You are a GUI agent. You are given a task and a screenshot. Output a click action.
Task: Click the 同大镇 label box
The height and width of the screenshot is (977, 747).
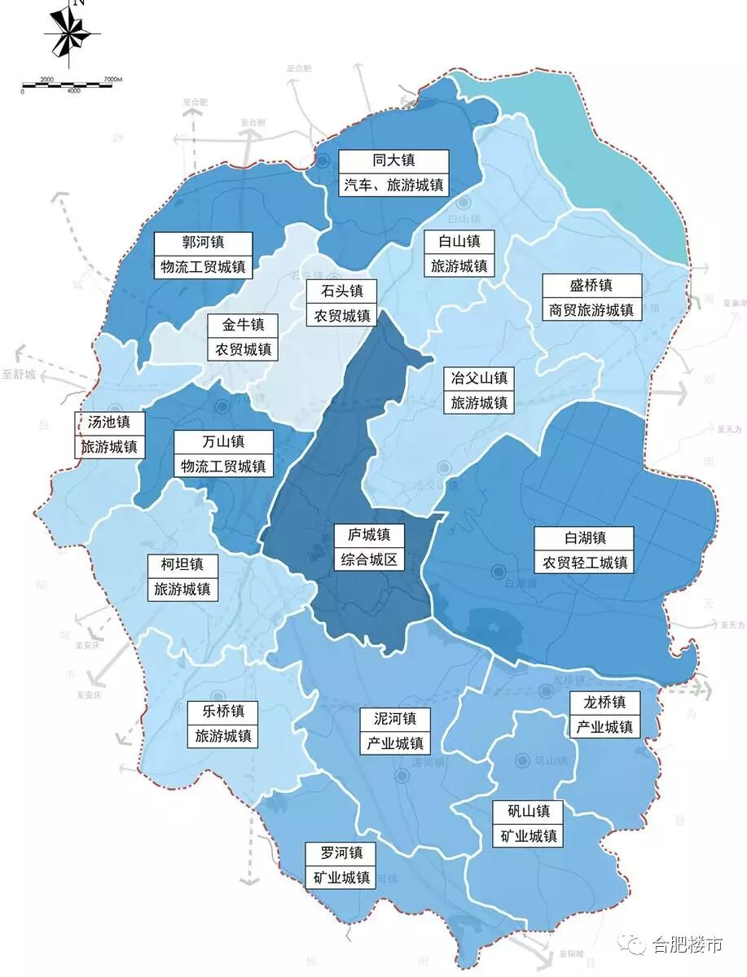pos(394,173)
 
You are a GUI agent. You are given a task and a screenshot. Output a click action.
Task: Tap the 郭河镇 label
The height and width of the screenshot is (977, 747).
pos(203,255)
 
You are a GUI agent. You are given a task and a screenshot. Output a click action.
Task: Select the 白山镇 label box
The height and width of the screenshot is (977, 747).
pos(459,253)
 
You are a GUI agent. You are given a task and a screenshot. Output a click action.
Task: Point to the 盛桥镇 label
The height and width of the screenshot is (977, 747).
pos(591,297)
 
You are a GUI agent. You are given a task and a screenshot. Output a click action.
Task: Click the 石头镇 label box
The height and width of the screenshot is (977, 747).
pos(341,303)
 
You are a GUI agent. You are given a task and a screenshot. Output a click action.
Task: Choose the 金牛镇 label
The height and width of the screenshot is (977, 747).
pos(243,338)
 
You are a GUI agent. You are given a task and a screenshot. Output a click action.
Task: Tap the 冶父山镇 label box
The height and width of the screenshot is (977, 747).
pos(480,391)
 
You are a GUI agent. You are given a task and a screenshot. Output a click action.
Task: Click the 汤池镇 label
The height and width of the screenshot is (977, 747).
pos(110,435)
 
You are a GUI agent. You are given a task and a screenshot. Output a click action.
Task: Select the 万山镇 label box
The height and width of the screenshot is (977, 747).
pos(223,454)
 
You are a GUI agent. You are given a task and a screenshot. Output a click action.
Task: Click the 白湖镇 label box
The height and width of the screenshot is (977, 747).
pos(584,550)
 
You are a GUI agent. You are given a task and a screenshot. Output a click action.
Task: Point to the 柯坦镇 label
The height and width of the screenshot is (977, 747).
pos(182,576)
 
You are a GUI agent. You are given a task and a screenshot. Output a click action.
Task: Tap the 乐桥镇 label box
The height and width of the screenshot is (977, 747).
pos(222,724)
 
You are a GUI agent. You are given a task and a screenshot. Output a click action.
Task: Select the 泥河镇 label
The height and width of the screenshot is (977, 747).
pos(394,730)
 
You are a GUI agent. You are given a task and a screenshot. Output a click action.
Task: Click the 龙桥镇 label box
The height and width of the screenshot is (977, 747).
pos(604,714)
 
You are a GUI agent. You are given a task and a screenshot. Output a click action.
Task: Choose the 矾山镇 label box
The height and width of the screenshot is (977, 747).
pos(526,822)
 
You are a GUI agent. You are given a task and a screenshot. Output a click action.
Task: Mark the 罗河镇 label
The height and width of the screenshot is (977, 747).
pos(341,865)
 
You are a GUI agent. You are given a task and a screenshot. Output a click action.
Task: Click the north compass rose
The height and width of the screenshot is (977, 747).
pos(72,34)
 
